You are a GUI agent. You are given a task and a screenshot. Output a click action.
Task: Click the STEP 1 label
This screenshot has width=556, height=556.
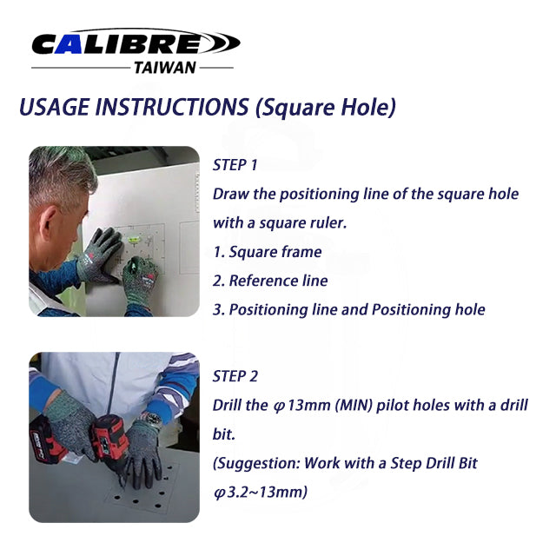coord(235,165)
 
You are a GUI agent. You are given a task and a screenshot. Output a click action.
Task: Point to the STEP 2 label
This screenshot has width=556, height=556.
coord(235,376)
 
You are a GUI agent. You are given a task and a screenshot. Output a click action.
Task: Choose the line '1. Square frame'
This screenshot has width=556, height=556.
coord(268,252)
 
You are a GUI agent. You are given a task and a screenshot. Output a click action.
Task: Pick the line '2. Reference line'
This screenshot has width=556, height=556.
coord(270,281)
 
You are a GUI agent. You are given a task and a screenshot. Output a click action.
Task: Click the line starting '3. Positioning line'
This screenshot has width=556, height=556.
coord(348,309)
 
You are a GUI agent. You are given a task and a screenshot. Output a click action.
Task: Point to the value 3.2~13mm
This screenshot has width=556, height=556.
coord(266,493)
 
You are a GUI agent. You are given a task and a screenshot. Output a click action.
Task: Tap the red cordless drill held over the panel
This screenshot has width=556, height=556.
coord(109,434)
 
